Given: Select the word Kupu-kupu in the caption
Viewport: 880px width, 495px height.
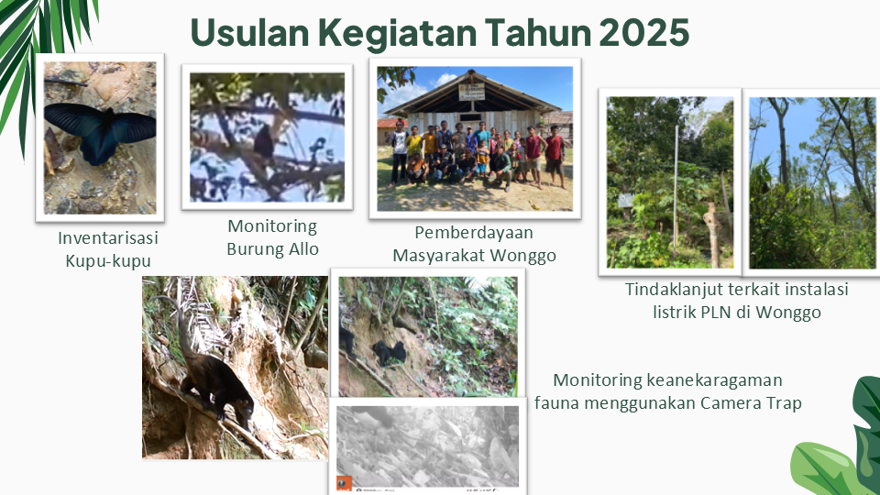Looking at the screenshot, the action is coord(108,260).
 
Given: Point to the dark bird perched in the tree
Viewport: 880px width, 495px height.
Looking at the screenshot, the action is coord(263,141).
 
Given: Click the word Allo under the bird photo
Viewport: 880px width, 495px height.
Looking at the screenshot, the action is coord(304,248).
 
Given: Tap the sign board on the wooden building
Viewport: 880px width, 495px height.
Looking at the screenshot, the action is coord(471,92).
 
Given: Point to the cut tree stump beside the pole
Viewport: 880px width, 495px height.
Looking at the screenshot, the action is coord(712,235).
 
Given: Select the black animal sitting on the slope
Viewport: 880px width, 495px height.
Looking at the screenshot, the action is coord(389,353).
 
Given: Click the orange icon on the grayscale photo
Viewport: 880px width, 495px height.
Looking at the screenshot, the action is coord(344,482).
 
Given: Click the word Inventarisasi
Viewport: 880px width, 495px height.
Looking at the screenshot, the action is coord(108,237).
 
